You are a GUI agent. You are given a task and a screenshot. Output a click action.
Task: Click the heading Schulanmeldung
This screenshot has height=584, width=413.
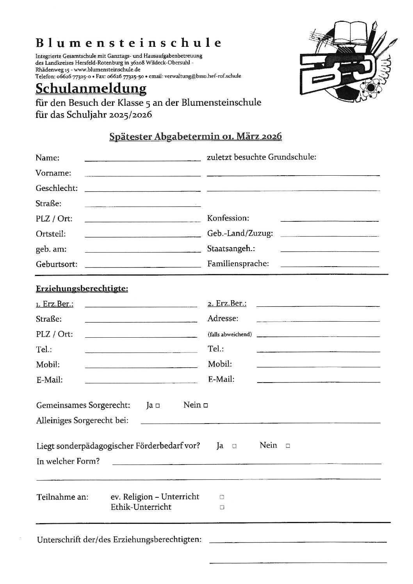(x=91, y=89)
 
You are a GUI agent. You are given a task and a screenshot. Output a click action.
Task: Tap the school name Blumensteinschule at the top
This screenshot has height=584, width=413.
(x=128, y=43)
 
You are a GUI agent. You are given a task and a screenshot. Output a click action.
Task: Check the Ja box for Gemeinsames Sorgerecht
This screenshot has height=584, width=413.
(x=157, y=406)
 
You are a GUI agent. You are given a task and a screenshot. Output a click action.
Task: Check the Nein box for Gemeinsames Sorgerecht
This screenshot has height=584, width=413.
(x=205, y=406)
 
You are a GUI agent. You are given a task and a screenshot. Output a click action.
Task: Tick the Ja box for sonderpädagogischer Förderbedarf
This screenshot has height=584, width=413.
(x=234, y=446)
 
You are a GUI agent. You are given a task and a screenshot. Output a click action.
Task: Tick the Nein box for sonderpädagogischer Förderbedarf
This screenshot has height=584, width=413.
(x=288, y=446)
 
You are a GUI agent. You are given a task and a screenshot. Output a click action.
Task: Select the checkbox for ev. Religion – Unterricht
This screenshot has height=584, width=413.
(x=222, y=497)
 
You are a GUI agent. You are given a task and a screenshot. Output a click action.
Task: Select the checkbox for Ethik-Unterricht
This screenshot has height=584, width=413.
(x=222, y=507)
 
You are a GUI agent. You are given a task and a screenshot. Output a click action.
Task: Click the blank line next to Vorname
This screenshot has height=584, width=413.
(x=142, y=175)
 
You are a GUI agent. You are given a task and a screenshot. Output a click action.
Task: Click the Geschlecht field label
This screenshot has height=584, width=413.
(x=57, y=188)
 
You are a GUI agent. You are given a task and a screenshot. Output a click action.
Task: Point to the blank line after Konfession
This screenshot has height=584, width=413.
(x=329, y=221)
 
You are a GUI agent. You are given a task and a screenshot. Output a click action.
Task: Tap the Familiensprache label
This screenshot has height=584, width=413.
(x=238, y=264)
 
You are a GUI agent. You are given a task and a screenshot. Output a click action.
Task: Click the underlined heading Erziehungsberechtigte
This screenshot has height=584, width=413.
(x=82, y=289)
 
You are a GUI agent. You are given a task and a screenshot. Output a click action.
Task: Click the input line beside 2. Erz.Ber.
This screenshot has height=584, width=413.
(x=318, y=304)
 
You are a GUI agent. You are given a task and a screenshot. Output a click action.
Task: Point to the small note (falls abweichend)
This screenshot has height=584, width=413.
(x=230, y=335)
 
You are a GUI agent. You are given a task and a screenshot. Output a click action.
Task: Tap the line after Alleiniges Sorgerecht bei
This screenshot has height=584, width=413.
(x=260, y=422)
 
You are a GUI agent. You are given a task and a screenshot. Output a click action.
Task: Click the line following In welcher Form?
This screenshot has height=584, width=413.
(x=246, y=463)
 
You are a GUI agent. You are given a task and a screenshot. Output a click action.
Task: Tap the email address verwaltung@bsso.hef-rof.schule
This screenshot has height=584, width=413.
(x=203, y=76)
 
